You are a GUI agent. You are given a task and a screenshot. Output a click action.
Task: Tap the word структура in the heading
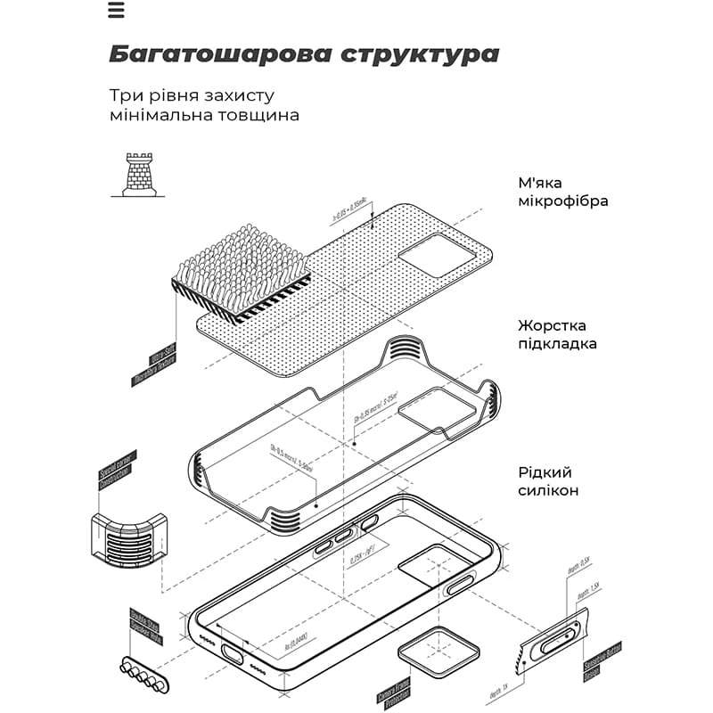pyautogui.click(x=419, y=54)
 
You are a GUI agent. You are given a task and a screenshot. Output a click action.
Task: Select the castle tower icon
pyautogui.click(x=139, y=174)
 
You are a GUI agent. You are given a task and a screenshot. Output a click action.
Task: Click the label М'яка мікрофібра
pyautogui.click(x=562, y=191)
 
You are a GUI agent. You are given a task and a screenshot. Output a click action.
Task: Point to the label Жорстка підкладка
pyautogui.click(x=557, y=335)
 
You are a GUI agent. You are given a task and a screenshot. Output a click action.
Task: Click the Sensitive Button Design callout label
pyautogui.click(x=615, y=660)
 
